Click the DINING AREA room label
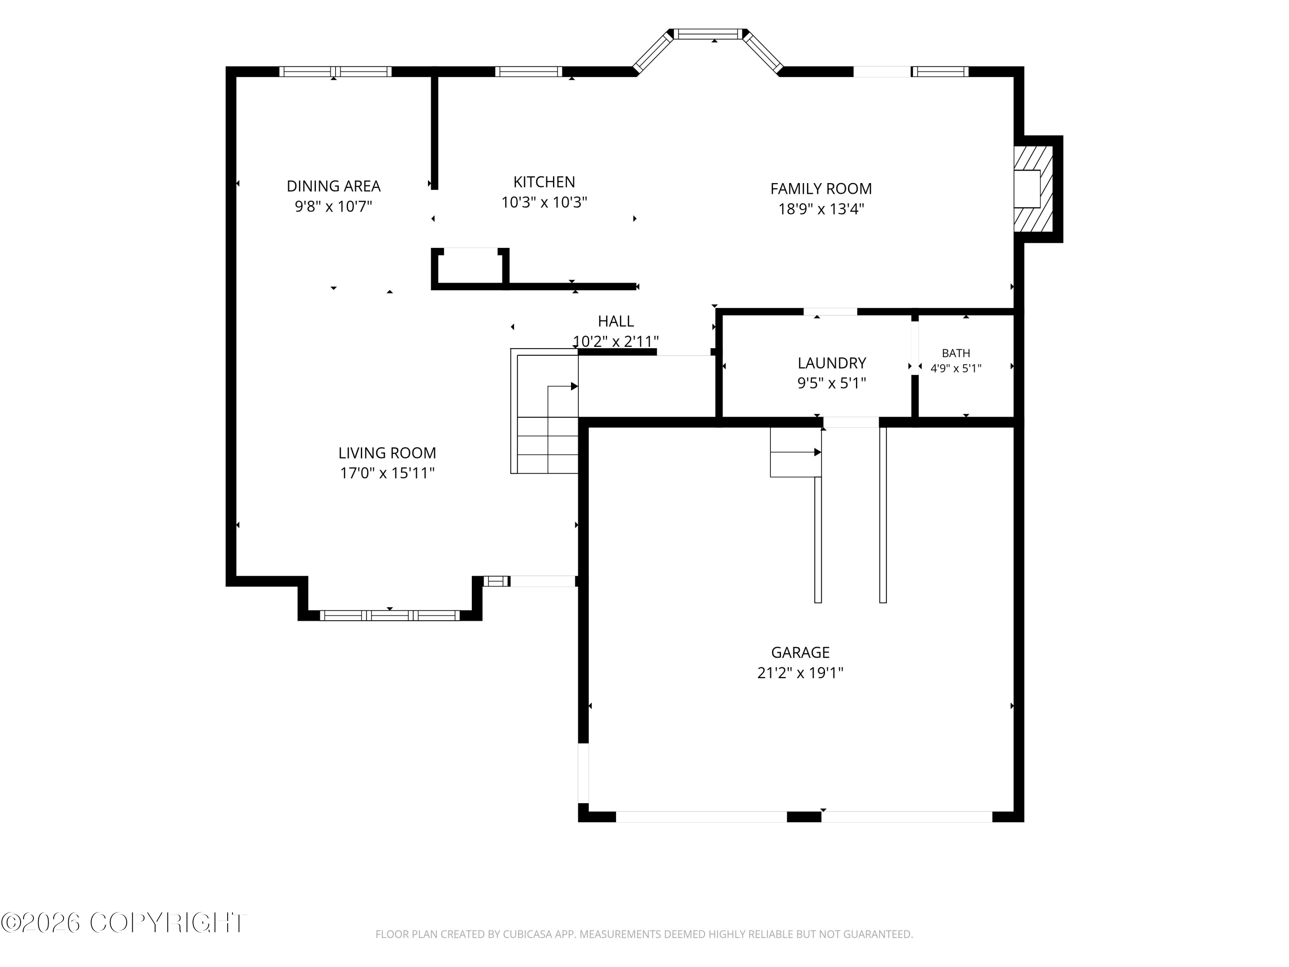tap(333, 187)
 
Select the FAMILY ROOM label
tap(821, 189)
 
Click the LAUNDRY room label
tap(831, 363)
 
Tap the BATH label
tap(956, 353)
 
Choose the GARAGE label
tap(800, 653)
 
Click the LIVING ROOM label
tap(387, 453)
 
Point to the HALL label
tap(616, 321)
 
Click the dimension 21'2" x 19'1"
tap(800, 673)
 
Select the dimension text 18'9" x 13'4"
tap(821, 209)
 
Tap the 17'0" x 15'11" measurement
tap(387, 473)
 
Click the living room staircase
tap(544, 411)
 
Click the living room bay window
tap(390, 615)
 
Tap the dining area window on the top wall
tap(335, 72)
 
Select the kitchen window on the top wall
tap(528, 72)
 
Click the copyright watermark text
tap(124, 923)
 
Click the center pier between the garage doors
tap(804, 817)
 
